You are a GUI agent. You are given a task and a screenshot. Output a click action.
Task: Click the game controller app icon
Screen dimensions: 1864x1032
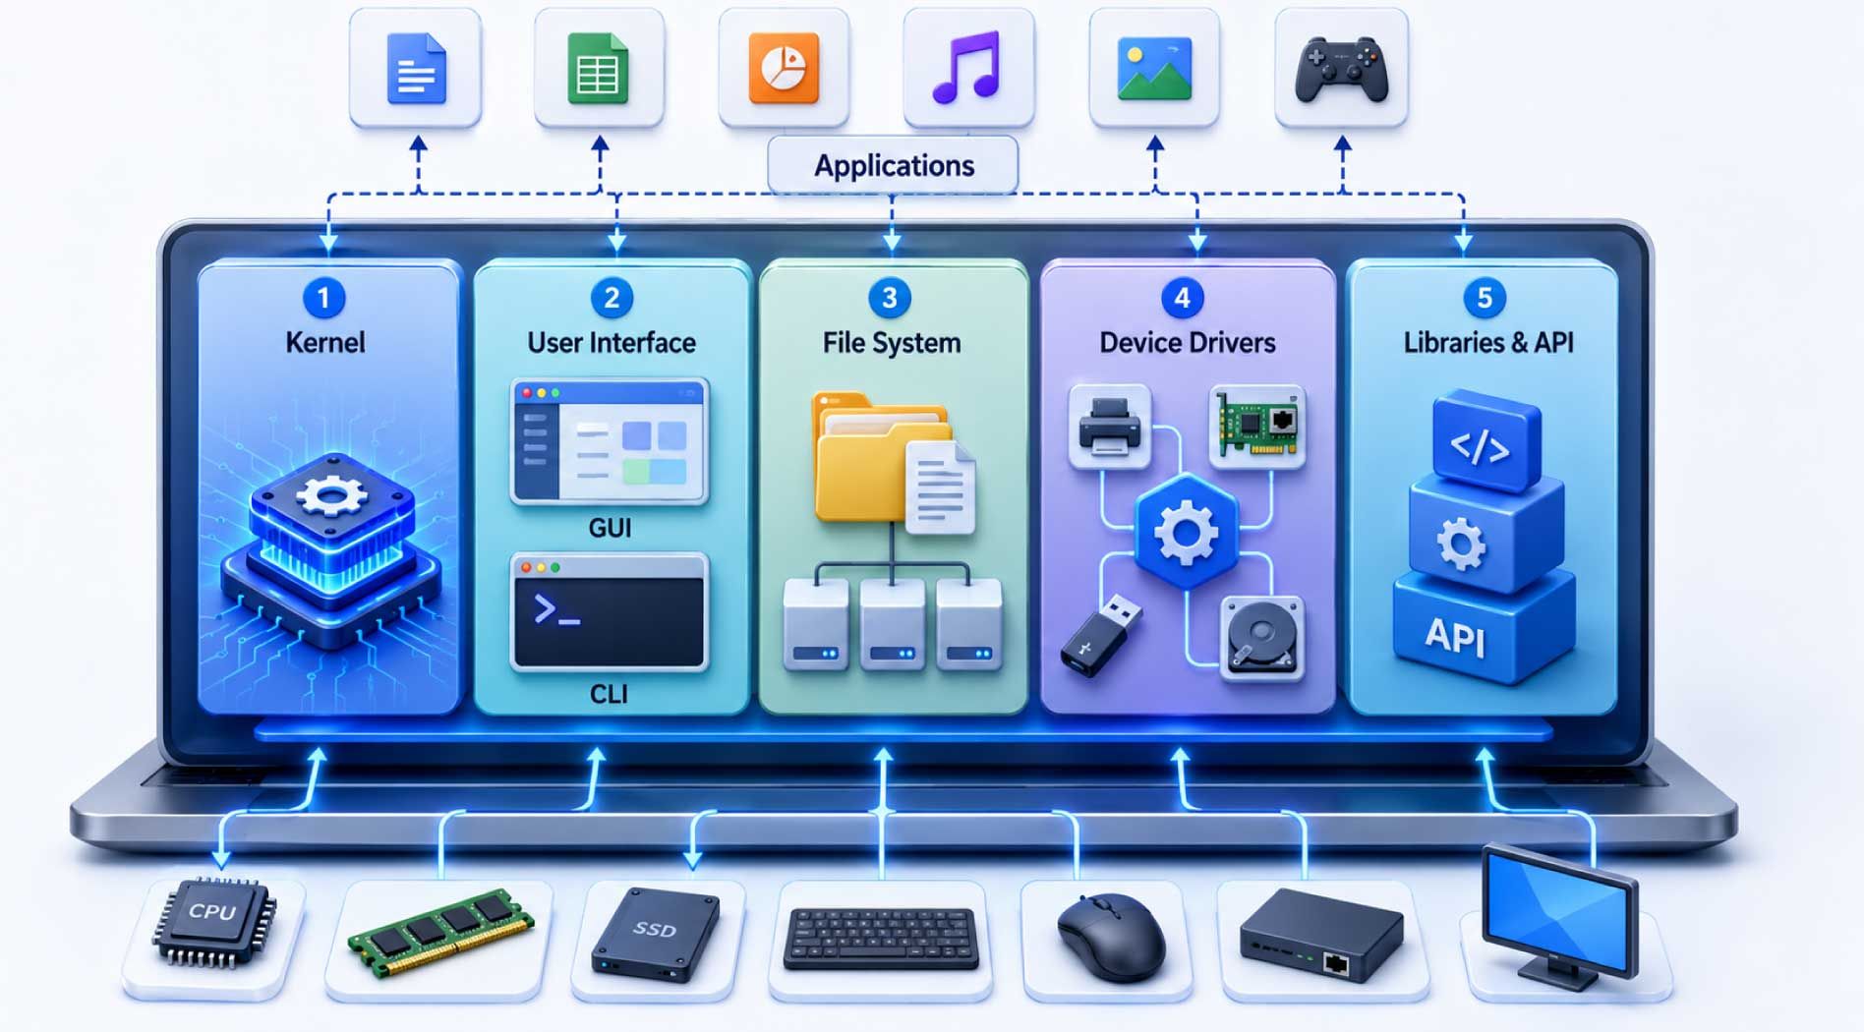click(x=1341, y=69)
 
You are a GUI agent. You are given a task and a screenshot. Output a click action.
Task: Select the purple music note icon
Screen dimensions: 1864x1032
click(x=966, y=68)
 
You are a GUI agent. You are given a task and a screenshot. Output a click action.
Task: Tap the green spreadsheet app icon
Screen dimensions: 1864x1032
click(x=598, y=69)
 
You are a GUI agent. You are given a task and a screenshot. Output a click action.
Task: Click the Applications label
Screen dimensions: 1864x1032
click(x=894, y=165)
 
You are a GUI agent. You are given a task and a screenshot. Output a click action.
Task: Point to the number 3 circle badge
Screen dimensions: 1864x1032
click(x=890, y=298)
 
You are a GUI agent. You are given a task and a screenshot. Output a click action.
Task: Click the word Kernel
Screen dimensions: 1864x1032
click(x=325, y=342)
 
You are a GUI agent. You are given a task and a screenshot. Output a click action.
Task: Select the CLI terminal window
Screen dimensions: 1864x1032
click(x=610, y=612)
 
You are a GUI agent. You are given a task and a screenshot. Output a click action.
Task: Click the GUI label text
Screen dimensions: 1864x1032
click(x=610, y=528)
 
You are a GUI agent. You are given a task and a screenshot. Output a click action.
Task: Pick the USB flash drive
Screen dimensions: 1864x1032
click(x=1101, y=636)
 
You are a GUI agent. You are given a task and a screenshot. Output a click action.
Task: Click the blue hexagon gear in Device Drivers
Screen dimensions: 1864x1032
click(x=1186, y=532)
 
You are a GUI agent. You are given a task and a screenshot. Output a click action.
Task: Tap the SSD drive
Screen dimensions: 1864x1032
click(x=655, y=934)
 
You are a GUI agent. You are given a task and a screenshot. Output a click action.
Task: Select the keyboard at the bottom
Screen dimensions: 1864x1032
click(x=881, y=938)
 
